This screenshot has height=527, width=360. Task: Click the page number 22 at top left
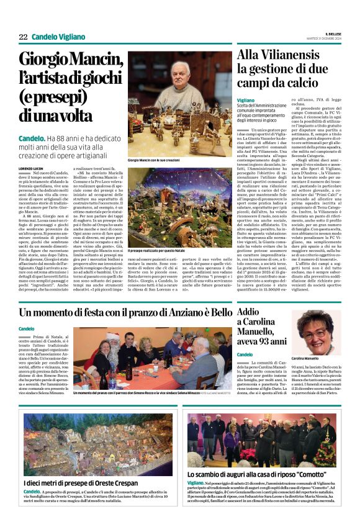(22, 37)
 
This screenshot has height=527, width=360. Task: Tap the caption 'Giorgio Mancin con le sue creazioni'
(157, 160)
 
